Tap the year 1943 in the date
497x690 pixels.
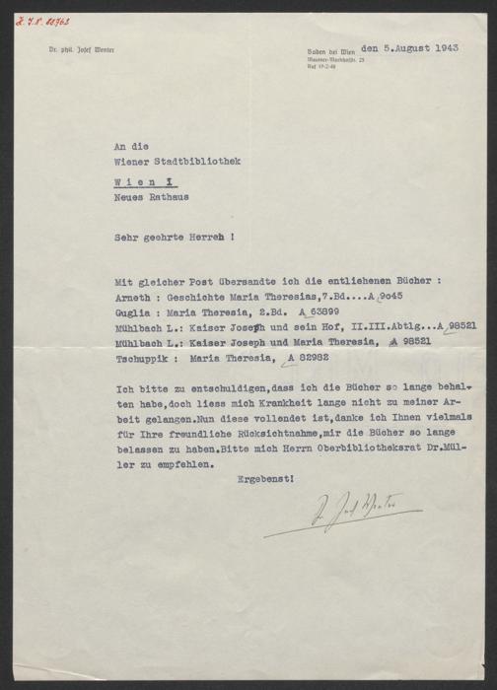click(x=446, y=46)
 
